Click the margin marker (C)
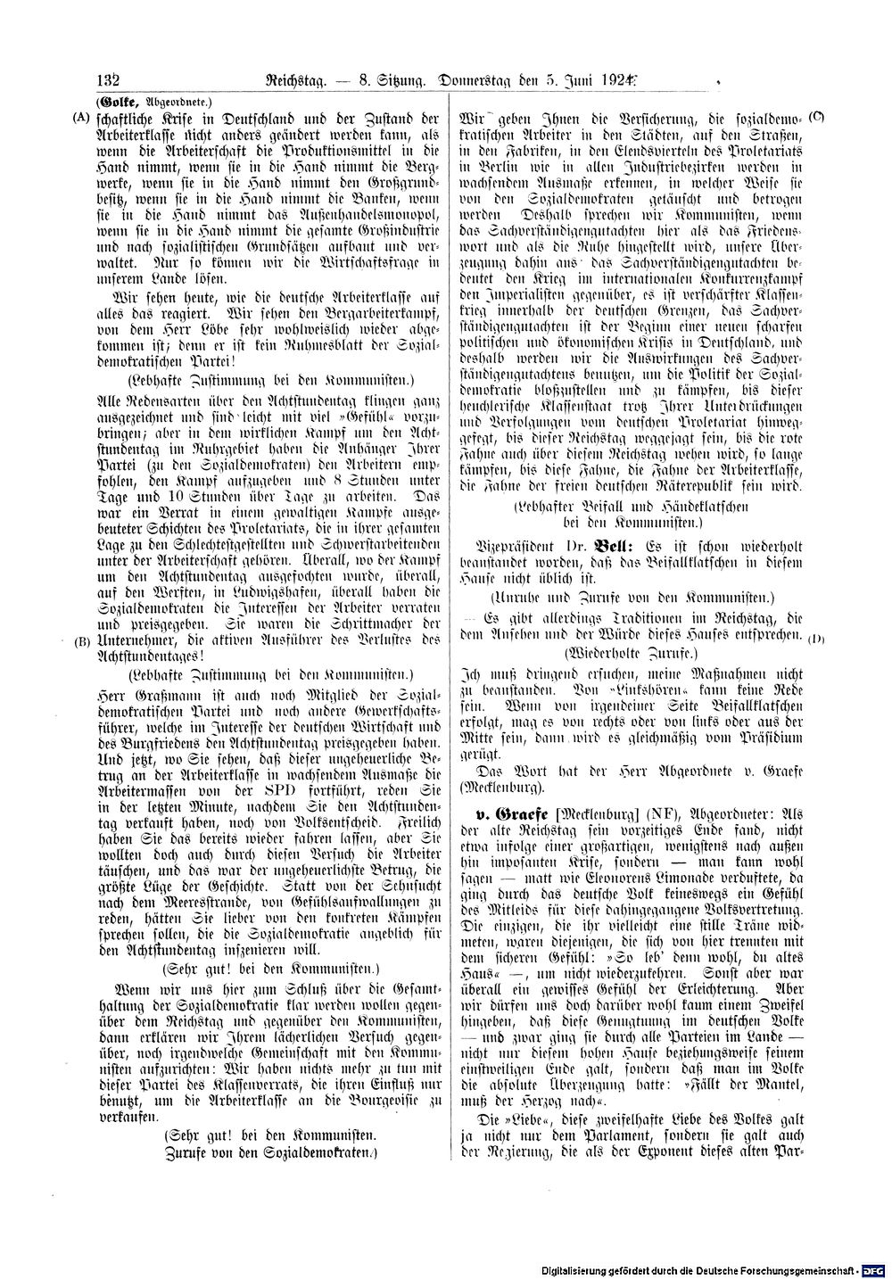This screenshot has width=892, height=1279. [817, 117]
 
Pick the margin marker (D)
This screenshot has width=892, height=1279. [816, 639]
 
